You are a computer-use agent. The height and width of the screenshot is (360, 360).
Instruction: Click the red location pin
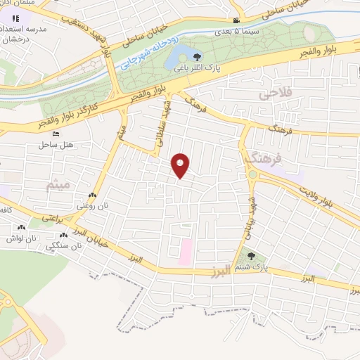tap(181, 165)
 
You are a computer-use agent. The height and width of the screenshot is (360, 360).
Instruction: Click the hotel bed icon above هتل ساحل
tap(56, 134)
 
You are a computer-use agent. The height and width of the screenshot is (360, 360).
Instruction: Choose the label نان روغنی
tap(92, 207)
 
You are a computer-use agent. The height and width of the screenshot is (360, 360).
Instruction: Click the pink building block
tap(185, 252)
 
